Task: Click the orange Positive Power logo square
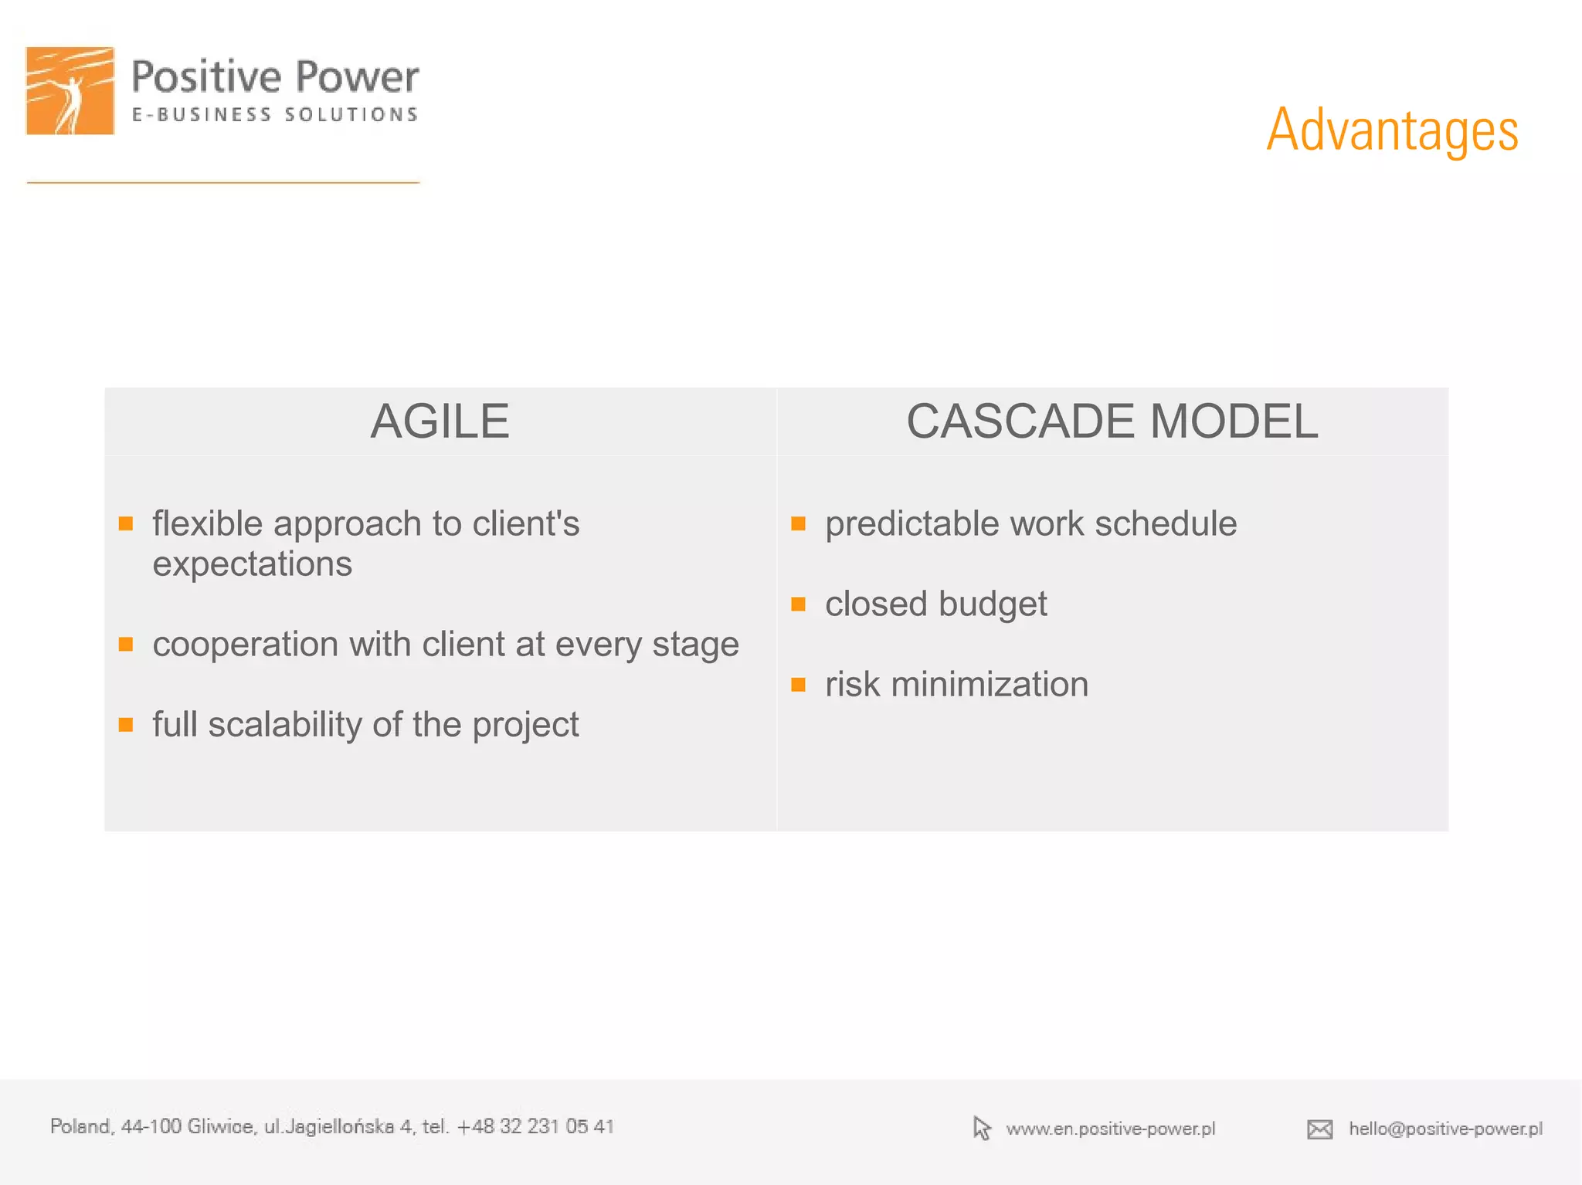pos(70,91)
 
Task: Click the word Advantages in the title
pos(1392,130)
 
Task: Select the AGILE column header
pos(440,422)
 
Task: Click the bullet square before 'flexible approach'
pos(126,524)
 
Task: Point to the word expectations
pos(252,564)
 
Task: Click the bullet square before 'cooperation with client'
pos(126,644)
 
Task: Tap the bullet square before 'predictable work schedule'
pos(799,524)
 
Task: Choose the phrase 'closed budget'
pos(935,604)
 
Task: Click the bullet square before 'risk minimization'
pos(799,685)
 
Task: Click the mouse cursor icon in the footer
pos(981,1128)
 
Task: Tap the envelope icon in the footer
pos(1319,1129)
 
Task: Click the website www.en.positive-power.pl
pos(1110,1129)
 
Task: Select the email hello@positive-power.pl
pos(1445,1129)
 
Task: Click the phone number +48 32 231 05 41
pos(535,1126)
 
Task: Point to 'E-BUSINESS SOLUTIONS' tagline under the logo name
pos(275,115)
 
